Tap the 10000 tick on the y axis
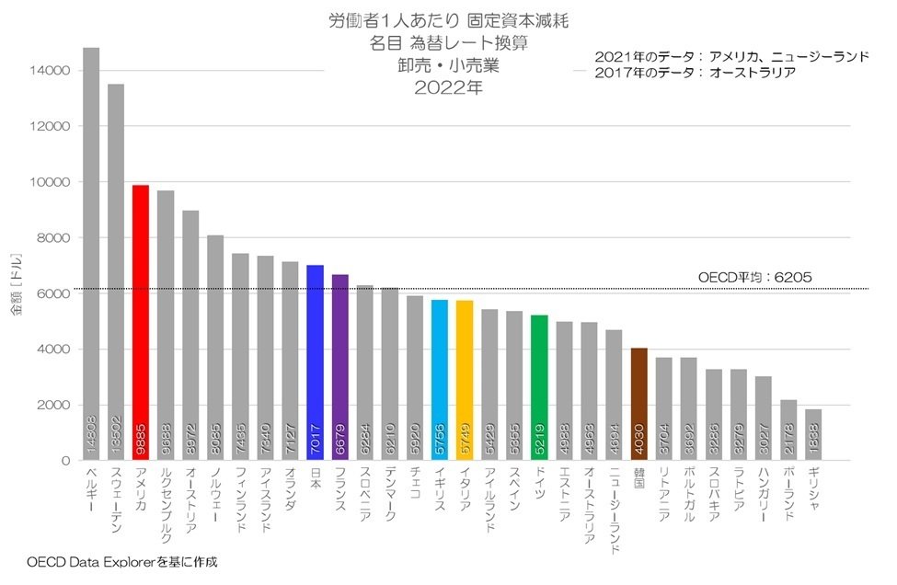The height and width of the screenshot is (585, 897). (x=45, y=182)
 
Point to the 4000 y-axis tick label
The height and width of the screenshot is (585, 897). (x=49, y=350)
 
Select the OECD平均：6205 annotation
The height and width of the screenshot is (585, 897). (x=754, y=276)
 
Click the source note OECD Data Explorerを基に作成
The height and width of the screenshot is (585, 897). (x=122, y=561)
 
